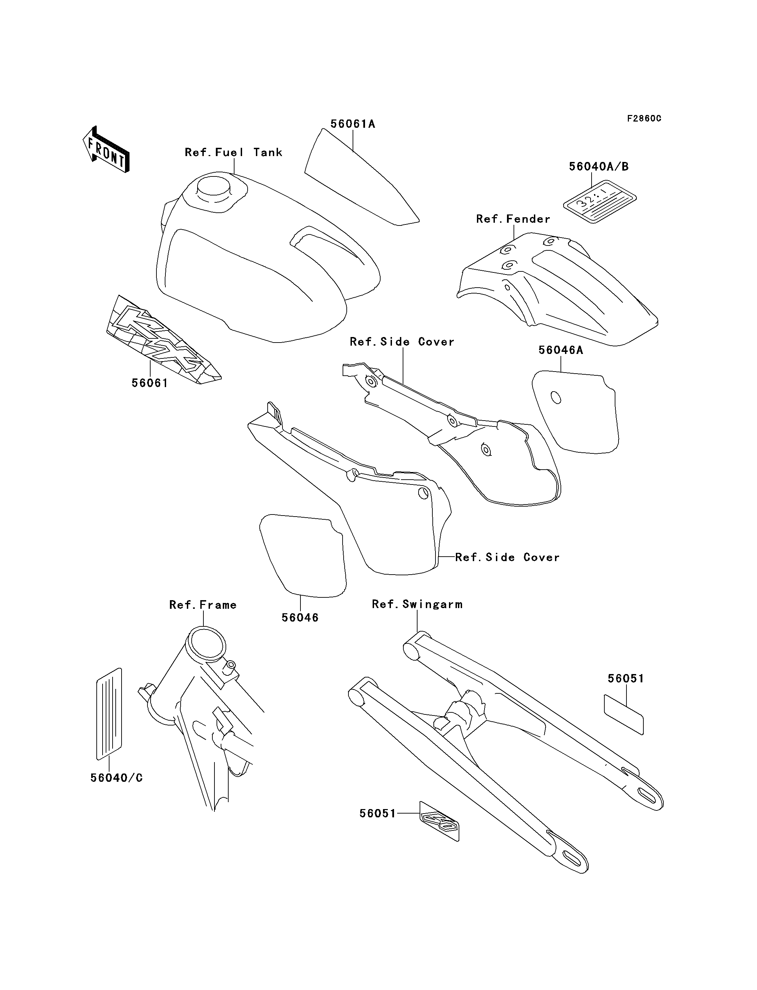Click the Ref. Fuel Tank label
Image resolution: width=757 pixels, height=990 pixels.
(x=233, y=153)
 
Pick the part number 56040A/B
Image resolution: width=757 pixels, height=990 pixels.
(x=598, y=167)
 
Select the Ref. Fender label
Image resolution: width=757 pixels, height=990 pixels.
(x=513, y=220)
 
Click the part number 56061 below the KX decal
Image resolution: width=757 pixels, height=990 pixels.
(x=150, y=384)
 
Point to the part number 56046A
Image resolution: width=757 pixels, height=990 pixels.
(x=560, y=350)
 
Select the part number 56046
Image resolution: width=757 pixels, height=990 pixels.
(x=300, y=618)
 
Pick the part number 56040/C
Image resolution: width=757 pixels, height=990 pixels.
(x=116, y=778)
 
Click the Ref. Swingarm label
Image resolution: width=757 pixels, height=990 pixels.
(x=417, y=604)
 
